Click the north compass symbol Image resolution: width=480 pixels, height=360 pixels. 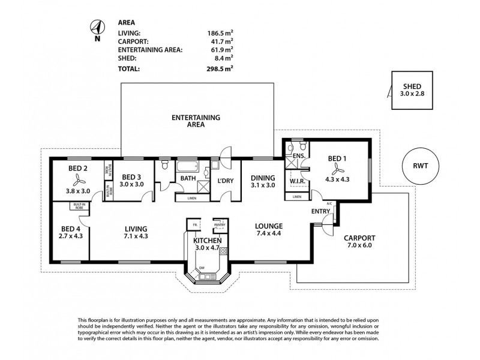point(96,28)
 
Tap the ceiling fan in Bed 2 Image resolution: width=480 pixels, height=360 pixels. point(79,179)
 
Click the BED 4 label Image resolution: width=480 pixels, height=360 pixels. point(70,229)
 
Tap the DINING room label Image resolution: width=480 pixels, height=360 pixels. point(263,178)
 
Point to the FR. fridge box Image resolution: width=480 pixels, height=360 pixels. point(194,225)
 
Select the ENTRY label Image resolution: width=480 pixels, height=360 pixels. point(319,212)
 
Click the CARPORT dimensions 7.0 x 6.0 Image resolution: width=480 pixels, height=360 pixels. point(360,245)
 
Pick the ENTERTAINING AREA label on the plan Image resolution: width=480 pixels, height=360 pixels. point(196,121)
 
